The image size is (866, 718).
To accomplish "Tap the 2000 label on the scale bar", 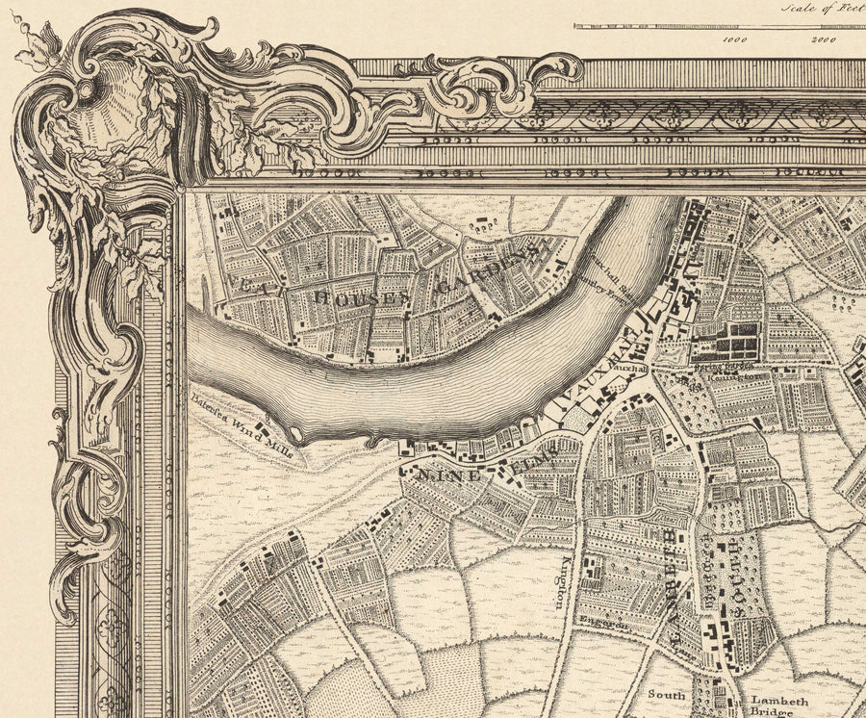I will click(x=823, y=40).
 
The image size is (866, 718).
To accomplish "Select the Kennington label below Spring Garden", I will click(x=728, y=380).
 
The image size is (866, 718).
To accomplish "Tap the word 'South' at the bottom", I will click(x=666, y=695).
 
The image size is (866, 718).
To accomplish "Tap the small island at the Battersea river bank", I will click(x=293, y=435).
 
